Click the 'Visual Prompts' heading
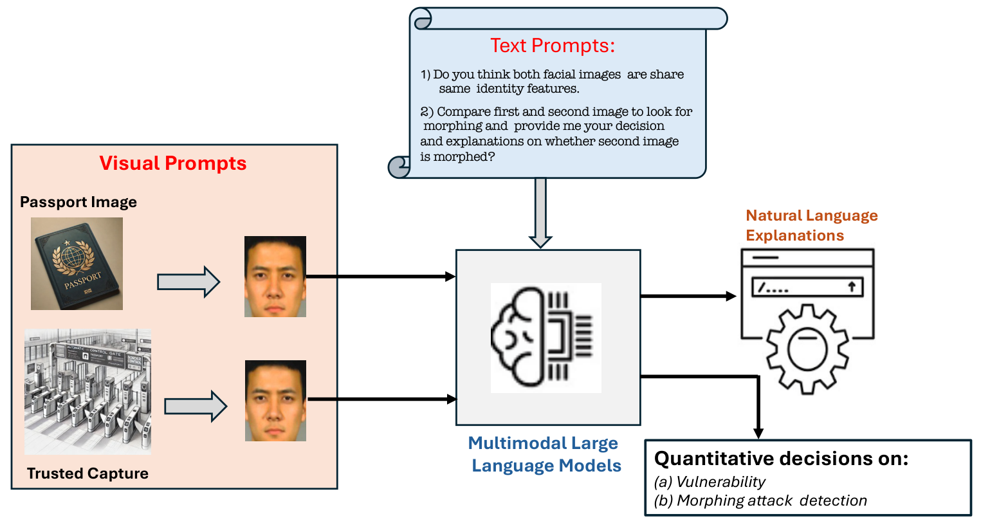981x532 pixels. (x=172, y=163)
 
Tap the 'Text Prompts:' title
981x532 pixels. (x=552, y=46)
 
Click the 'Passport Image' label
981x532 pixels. (x=78, y=202)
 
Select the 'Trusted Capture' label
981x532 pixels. (x=87, y=473)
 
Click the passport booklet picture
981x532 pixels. (x=77, y=264)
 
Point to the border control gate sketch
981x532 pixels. (x=87, y=392)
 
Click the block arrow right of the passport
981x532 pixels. (x=188, y=282)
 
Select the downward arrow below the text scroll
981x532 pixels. (x=540, y=214)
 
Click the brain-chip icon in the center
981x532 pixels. (x=546, y=338)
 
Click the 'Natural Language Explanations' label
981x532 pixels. (x=811, y=225)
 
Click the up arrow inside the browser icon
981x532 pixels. (x=852, y=287)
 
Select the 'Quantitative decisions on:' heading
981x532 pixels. (x=781, y=459)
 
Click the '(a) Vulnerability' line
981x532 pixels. (x=710, y=482)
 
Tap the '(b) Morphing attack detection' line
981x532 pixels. (x=760, y=500)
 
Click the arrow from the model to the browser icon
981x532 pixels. (x=688, y=296)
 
